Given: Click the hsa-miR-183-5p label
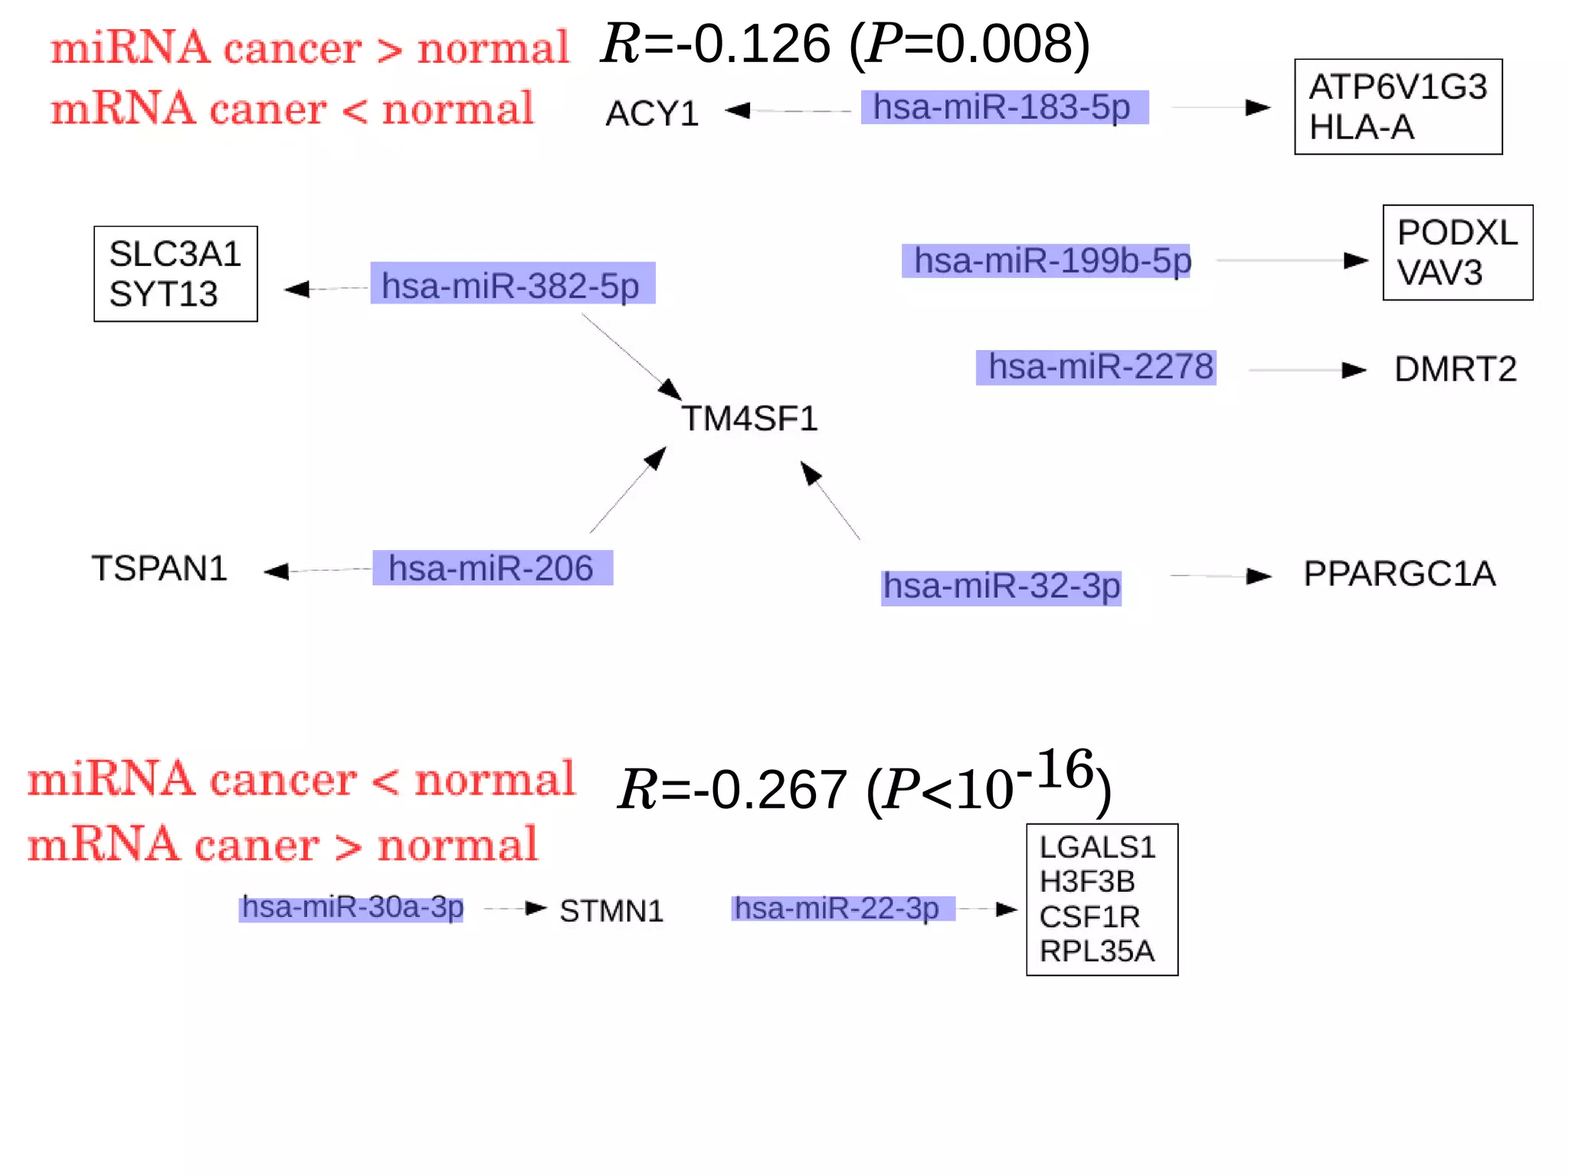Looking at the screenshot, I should click(1004, 107).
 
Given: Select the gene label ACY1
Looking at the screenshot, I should click(652, 114).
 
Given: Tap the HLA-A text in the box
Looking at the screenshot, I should click(1361, 128).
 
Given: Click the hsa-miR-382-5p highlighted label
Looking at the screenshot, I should click(512, 285).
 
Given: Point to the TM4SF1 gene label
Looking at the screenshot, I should click(750, 419).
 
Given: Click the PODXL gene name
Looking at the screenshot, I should click(1456, 233).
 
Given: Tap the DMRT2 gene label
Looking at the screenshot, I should click(1455, 369).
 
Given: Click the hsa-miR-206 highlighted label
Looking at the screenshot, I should click(492, 568).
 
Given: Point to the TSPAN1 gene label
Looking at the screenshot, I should click(160, 568).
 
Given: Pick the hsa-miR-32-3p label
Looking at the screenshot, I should click(1001, 587).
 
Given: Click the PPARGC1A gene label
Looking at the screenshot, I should click(1399, 574).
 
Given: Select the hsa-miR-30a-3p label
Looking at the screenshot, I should click(352, 908).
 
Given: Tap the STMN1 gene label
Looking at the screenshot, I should click(611, 912).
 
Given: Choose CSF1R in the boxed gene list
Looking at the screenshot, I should click(1089, 917).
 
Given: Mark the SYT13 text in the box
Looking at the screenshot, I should click(163, 295).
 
